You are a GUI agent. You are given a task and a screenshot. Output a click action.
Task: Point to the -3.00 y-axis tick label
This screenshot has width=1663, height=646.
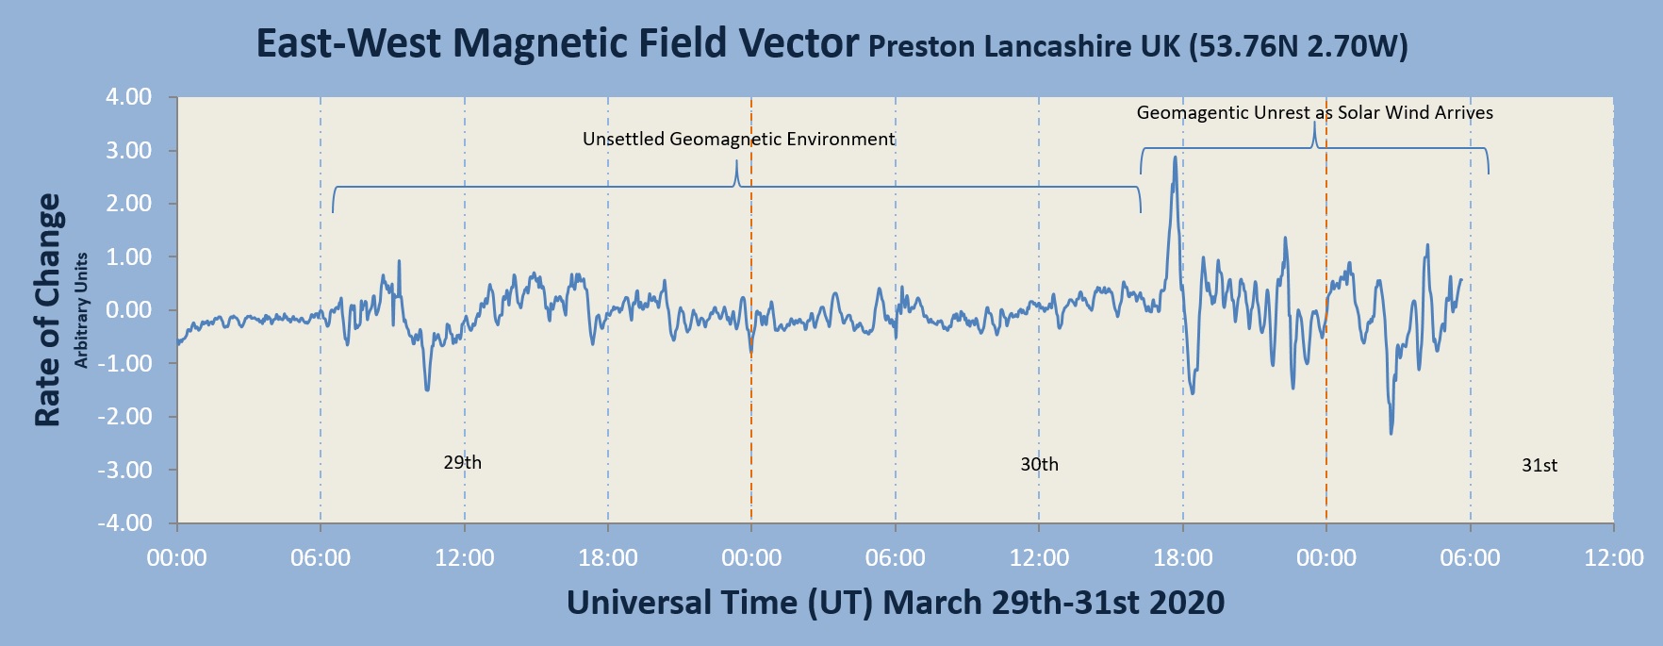click(127, 470)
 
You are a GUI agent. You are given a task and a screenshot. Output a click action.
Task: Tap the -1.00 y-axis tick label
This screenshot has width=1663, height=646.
click(127, 363)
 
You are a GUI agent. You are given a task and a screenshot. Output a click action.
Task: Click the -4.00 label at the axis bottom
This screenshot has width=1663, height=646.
click(127, 522)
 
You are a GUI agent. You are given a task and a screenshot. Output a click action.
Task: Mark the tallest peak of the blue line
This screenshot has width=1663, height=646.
click(1174, 157)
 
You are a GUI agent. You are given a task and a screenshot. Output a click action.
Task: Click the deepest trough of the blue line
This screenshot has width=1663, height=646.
click(1391, 433)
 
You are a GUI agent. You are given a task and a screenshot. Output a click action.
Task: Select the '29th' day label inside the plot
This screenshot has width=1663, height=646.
click(462, 462)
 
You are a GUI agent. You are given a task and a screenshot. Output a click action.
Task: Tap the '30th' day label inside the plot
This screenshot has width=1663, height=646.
click(1039, 464)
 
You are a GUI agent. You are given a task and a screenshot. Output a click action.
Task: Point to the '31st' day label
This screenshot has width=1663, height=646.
click(1539, 465)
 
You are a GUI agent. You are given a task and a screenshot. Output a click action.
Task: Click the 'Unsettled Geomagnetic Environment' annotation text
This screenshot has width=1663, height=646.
click(738, 140)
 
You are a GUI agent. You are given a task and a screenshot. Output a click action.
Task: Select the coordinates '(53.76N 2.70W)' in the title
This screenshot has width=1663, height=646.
click(1297, 46)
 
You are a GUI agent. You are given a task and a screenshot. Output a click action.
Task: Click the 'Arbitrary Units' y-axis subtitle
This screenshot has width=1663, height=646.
click(82, 309)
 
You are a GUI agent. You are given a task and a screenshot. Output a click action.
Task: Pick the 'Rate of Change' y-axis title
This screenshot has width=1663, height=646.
click(48, 309)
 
